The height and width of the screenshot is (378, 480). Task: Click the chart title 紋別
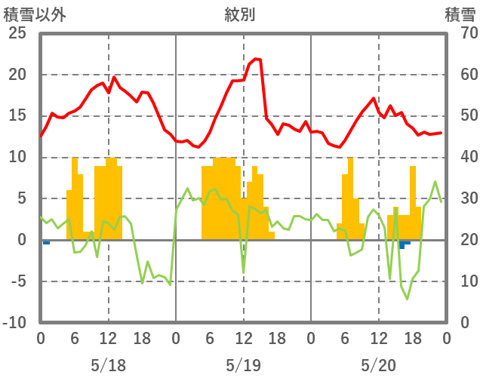[x=239, y=14]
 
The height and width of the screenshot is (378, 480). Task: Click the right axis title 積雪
[x=460, y=14]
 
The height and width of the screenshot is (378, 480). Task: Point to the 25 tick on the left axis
[x=17, y=34]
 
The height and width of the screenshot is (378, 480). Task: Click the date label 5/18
[x=108, y=365]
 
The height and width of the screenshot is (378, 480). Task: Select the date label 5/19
[x=243, y=365]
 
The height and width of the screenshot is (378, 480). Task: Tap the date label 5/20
[x=378, y=365]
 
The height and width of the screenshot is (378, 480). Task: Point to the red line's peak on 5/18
[x=114, y=77]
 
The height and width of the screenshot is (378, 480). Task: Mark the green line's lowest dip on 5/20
[x=407, y=299]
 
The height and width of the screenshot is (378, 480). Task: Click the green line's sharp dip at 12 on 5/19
[x=243, y=272]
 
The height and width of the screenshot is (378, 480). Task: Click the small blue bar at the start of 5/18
[x=46, y=242]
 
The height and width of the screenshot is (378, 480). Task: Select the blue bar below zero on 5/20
[x=403, y=244]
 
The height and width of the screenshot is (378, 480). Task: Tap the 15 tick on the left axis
[x=17, y=116]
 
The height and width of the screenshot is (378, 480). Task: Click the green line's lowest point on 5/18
[x=170, y=284]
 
